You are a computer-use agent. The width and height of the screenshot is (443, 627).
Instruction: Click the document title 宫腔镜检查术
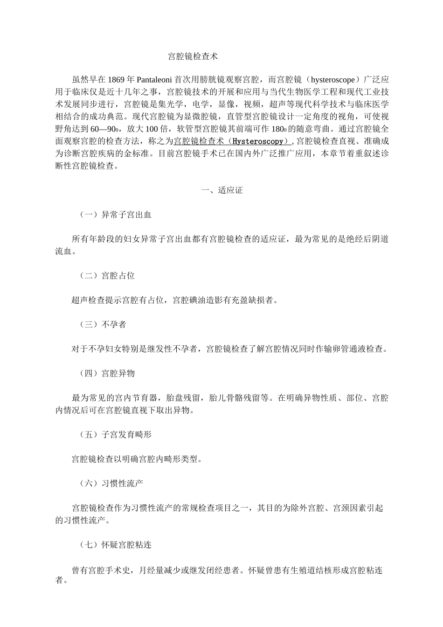pos(193,57)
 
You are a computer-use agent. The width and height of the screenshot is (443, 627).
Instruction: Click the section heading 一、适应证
pos(221,190)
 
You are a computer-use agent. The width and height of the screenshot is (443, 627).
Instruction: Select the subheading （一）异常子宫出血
pos(115,215)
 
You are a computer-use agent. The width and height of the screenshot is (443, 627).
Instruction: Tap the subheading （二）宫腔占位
pos(107,276)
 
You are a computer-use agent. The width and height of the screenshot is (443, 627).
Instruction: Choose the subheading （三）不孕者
pos(103,325)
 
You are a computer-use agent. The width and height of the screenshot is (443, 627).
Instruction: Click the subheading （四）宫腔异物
pos(107,373)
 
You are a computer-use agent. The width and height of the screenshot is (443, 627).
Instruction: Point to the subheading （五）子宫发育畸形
pos(115,434)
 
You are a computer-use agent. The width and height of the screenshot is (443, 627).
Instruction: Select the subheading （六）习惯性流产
pos(111,483)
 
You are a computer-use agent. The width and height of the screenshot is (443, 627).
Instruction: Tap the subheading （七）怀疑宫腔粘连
pos(115,544)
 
